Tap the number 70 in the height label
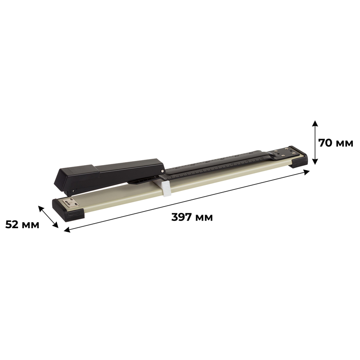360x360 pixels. pyautogui.click(x=325, y=143)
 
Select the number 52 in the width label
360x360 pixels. pyautogui.click(x=12, y=224)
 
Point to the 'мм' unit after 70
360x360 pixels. pyautogui.click(x=344, y=144)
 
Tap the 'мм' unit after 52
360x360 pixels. pyautogui.click(x=31, y=225)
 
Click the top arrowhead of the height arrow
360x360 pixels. pyautogui.click(x=315, y=123)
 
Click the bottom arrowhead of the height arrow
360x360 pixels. pyautogui.click(x=315, y=162)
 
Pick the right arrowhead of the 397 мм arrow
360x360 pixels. pyautogui.click(x=306, y=172)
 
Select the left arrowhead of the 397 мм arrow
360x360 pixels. pyautogui.click(x=67, y=229)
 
